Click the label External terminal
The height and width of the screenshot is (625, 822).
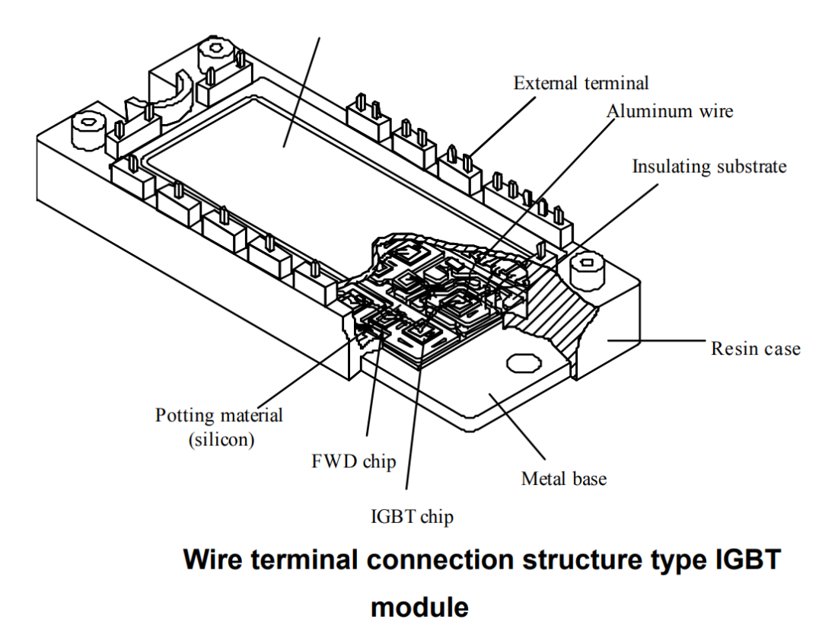(x=581, y=83)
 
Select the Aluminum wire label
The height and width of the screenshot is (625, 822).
(x=670, y=110)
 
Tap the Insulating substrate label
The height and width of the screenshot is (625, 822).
(x=709, y=166)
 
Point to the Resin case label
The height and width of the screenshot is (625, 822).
(x=756, y=348)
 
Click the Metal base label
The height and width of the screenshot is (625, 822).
(x=563, y=478)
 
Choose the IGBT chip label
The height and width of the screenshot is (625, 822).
(x=412, y=516)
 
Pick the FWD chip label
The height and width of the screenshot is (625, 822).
(x=354, y=461)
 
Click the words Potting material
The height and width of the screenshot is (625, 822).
(x=218, y=415)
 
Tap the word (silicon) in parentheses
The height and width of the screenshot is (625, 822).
(x=221, y=438)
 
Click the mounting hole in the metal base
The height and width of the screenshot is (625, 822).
(x=523, y=362)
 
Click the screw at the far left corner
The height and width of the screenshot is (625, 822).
(x=88, y=131)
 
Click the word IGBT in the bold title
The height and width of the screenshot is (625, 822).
(x=749, y=560)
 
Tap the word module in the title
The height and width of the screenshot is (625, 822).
(x=419, y=607)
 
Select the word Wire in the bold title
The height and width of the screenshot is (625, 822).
(x=213, y=560)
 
